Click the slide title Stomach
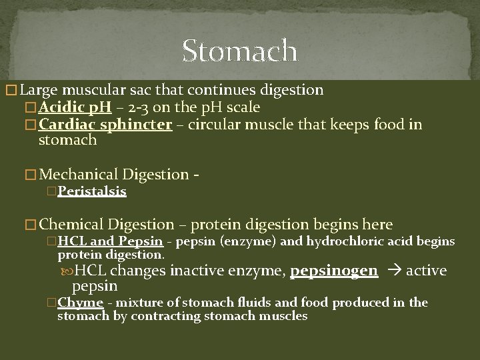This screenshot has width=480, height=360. click(239, 51)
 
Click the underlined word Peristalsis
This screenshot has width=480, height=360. click(92, 191)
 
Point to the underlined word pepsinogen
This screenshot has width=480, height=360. click(334, 270)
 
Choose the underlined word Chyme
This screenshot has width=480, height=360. click(80, 303)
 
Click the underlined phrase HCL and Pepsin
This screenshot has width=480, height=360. click(111, 241)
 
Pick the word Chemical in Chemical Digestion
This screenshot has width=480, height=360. click(74, 225)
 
